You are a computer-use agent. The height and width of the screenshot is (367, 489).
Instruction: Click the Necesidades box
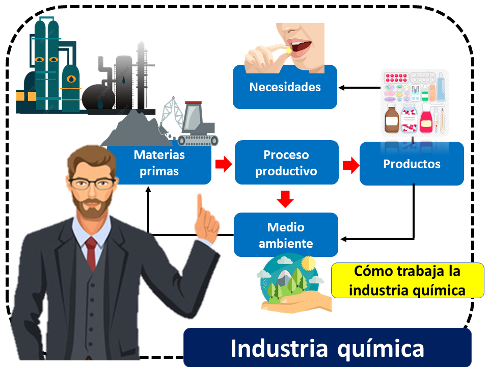(285, 87)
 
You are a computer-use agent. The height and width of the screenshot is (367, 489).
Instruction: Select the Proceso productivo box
(286, 163)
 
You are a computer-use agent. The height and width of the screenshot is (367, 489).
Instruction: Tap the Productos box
(412, 164)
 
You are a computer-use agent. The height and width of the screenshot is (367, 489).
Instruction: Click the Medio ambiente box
(286, 234)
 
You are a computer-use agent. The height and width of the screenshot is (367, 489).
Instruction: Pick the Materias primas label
(159, 163)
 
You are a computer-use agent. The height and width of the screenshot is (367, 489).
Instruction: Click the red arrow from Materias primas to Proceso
(223, 164)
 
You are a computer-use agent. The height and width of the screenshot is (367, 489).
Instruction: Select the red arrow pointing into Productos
(349, 165)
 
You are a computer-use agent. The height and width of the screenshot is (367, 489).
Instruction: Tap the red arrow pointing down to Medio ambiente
(286, 199)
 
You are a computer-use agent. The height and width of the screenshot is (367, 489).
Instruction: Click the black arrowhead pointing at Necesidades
(342, 88)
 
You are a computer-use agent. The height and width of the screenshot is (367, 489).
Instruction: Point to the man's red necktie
(91, 252)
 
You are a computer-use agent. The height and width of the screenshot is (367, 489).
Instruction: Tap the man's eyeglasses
(92, 183)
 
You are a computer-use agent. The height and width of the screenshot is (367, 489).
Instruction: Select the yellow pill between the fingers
(288, 50)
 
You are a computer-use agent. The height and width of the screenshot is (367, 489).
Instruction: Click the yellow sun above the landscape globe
(308, 264)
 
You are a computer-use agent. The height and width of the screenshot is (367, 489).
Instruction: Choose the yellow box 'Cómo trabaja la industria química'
(407, 280)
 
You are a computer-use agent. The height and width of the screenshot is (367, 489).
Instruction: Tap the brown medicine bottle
(391, 119)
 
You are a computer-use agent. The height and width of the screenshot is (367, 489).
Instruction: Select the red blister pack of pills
(396, 78)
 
